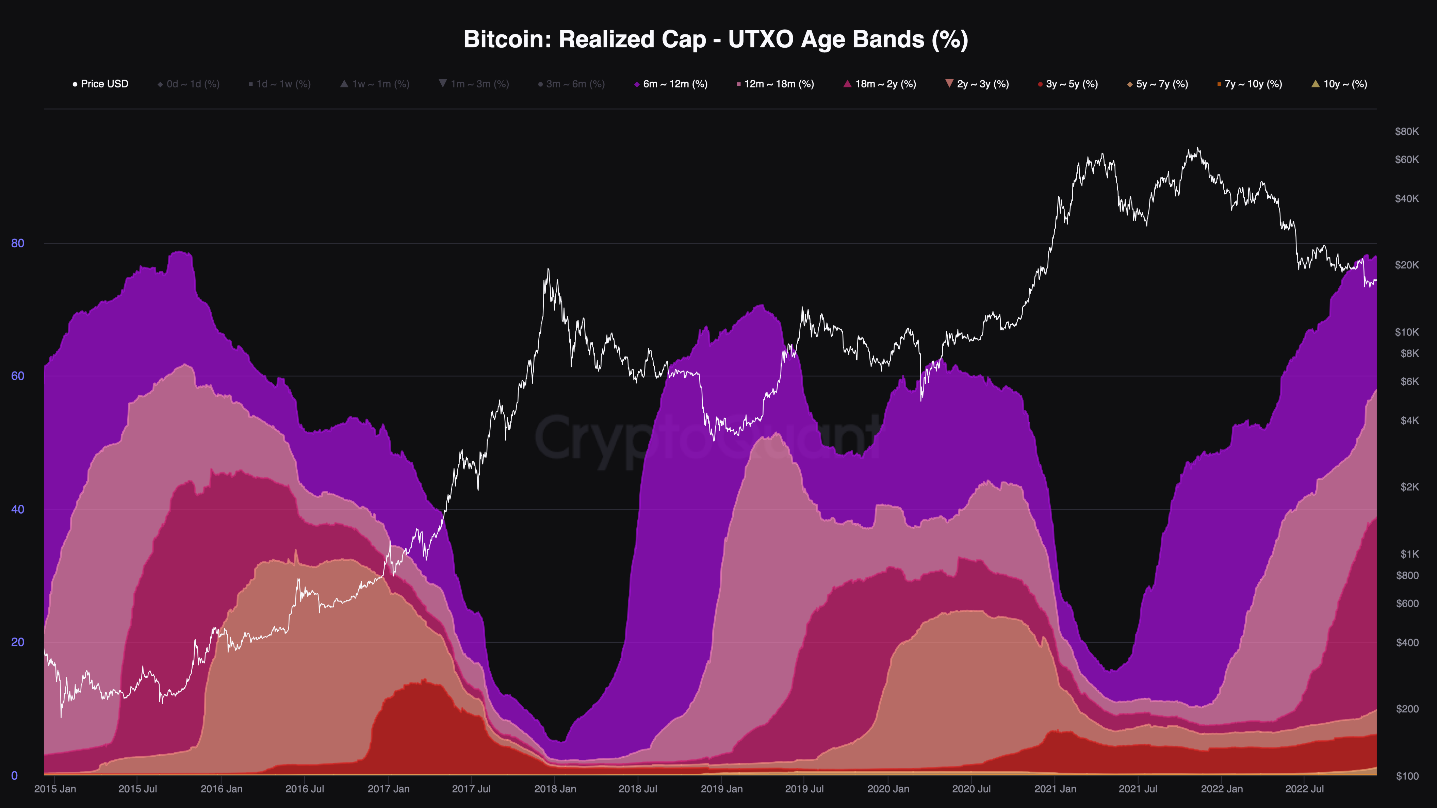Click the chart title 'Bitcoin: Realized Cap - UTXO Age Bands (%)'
pos(716,39)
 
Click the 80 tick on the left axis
pos(18,243)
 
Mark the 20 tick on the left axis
pos(18,642)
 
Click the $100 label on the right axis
pos(1407,776)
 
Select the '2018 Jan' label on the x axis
pos(555,789)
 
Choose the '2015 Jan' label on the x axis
pos(55,789)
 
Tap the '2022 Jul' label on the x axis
pos(1304,789)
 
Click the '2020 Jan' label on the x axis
pos(888,789)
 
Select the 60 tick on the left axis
pos(18,376)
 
